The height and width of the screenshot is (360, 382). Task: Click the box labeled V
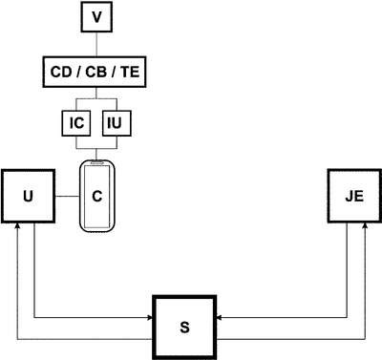pyautogui.click(x=96, y=17)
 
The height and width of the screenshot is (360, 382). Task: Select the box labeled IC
pyautogui.click(x=76, y=123)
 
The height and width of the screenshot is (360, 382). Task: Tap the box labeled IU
pyautogui.click(x=117, y=123)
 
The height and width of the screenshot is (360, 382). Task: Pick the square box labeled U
pyautogui.click(x=28, y=196)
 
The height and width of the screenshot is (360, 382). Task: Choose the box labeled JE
pyautogui.click(x=354, y=196)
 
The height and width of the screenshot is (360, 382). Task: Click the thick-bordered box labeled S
pyautogui.click(x=184, y=328)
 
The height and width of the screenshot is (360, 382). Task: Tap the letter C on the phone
pyautogui.click(x=97, y=196)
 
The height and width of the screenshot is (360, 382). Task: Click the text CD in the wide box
pyautogui.click(x=61, y=72)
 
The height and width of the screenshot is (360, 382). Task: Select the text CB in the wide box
pyautogui.click(x=95, y=72)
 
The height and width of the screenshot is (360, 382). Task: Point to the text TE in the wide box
pyautogui.click(x=130, y=72)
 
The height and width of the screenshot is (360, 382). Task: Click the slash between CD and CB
pyautogui.click(x=78, y=72)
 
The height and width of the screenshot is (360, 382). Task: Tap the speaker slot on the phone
pyautogui.click(x=96, y=163)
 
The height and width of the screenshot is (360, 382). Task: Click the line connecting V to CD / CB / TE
pyautogui.click(x=96, y=44)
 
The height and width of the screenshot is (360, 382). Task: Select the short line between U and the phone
pyautogui.click(x=67, y=197)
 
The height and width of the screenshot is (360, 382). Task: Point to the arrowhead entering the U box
pyautogui.click(x=17, y=225)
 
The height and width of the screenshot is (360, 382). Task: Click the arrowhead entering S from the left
pyautogui.click(x=150, y=317)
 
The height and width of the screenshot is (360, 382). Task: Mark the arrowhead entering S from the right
pyautogui.click(x=220, y=317)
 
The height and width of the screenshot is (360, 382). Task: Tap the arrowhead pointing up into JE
pyautogui.click(x=365, y=225)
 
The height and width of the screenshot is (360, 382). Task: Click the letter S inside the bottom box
pyautogui.click(x=184, y=328)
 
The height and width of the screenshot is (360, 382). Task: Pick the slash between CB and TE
pyautogui.click(x=114, y=72)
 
